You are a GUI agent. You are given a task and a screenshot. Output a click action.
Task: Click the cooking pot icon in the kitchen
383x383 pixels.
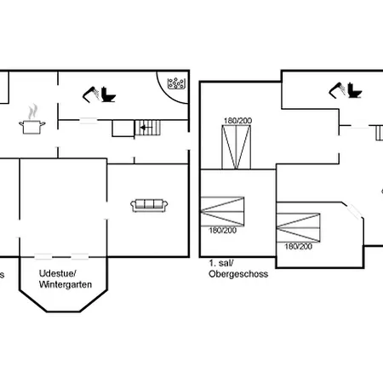(32, 126)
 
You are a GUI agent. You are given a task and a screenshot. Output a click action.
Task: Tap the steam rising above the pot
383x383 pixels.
(32, 111)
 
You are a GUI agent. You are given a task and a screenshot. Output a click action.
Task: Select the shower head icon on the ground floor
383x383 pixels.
(90, 89)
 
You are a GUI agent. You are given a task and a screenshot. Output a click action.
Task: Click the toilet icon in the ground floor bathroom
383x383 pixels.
(108, 94)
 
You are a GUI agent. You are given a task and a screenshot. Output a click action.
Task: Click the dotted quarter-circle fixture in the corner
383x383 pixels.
(177, 83)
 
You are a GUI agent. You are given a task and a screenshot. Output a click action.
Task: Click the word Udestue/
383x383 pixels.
(59, 273)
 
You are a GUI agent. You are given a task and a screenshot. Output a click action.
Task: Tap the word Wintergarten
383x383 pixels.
(65, 284)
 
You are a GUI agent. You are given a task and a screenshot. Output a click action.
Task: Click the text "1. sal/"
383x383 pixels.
(221, 264)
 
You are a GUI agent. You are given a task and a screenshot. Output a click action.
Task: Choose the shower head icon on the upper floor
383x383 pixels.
(334, 89)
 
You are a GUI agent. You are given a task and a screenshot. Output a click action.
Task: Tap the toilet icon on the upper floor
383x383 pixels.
(352, 94)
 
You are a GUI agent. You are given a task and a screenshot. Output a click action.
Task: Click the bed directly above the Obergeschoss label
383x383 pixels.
(221, 209)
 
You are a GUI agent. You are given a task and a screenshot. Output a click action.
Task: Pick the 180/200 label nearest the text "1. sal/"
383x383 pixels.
(222, 230)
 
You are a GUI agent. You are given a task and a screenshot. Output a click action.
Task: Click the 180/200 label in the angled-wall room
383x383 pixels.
(297, 246)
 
